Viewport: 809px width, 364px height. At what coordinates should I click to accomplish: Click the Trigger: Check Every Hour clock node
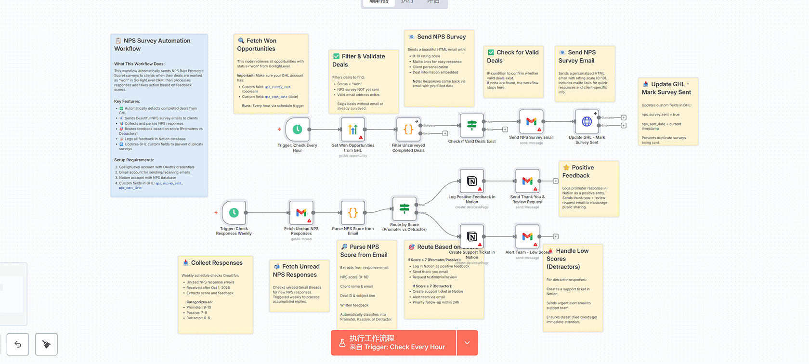297,129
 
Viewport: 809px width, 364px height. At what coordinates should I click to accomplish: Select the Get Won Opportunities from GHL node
352,129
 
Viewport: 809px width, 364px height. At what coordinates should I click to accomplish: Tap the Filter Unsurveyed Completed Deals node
408,129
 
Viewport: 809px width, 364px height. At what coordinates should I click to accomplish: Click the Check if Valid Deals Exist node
472,125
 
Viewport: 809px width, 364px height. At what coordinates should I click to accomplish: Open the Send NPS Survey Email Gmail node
531,121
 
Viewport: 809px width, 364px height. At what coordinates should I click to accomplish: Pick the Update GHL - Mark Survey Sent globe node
587,121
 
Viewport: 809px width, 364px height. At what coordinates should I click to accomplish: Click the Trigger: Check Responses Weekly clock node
234,212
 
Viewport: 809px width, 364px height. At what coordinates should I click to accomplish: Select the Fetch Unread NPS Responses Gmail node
301,212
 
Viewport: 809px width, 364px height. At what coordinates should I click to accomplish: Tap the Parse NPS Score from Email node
352,212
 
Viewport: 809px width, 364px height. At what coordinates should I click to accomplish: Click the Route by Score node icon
404,208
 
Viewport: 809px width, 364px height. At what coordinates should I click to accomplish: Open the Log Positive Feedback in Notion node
472,181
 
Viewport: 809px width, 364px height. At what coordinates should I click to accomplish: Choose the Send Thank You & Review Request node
527,181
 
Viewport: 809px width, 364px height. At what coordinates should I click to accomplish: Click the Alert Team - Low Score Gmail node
527,236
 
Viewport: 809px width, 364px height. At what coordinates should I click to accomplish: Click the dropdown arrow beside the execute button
467,343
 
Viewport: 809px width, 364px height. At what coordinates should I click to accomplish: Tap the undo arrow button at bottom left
18,344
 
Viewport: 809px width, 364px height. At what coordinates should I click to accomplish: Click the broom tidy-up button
46,344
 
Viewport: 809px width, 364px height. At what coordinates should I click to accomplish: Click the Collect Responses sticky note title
217,263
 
